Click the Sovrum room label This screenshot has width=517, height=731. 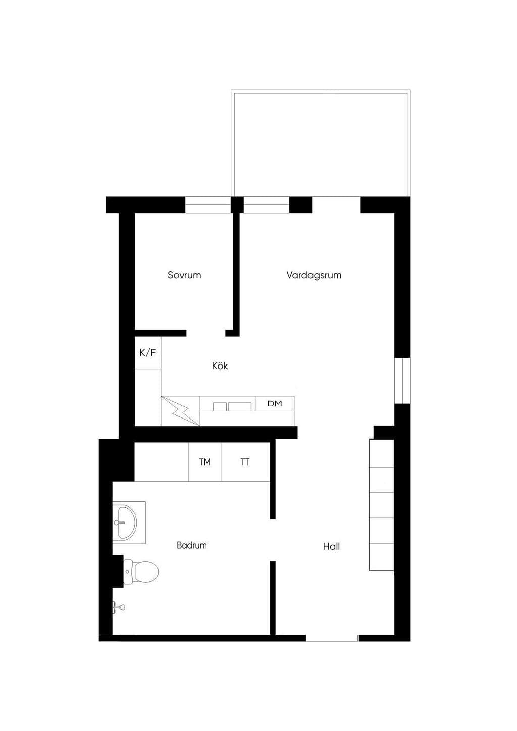[184, 275]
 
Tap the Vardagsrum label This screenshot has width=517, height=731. [314, 275]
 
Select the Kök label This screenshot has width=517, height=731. [220, 366]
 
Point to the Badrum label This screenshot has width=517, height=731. [192, 545]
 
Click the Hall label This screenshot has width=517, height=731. [331, 546]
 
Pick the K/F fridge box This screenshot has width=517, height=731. [148, 353]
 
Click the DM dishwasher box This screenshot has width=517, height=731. [275, 404]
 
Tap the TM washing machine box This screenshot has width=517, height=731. [204, 462]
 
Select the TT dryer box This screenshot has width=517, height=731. [245, 462]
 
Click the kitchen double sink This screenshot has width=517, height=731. [232, 406]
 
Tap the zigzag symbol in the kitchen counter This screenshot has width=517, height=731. [180, 411]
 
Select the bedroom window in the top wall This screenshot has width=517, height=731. [208, 204]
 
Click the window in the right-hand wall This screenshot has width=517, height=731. [402, 381]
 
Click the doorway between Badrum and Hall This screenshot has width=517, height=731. [273, 540]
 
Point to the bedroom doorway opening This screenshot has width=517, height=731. [206, 333]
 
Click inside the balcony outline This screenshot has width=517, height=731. [321, 143]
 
